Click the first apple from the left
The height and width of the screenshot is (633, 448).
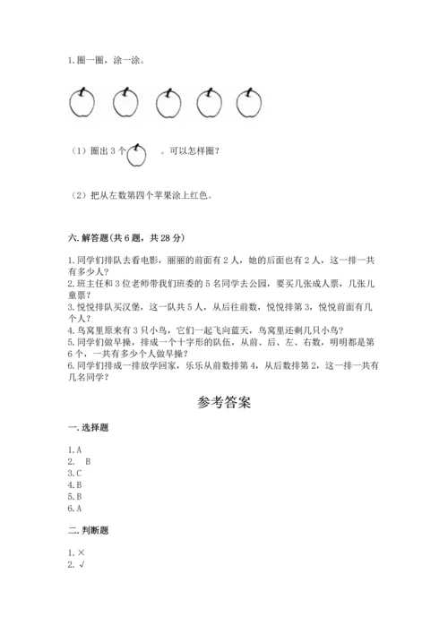[82, 103]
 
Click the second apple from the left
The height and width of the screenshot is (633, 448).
[125, 103]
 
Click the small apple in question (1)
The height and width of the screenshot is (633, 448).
[137, 155]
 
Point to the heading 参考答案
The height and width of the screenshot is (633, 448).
[223, 402]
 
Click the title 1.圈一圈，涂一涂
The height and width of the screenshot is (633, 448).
[105, 61]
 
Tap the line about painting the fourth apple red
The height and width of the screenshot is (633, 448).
[144, 195]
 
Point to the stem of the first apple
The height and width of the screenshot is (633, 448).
[82, 89]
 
